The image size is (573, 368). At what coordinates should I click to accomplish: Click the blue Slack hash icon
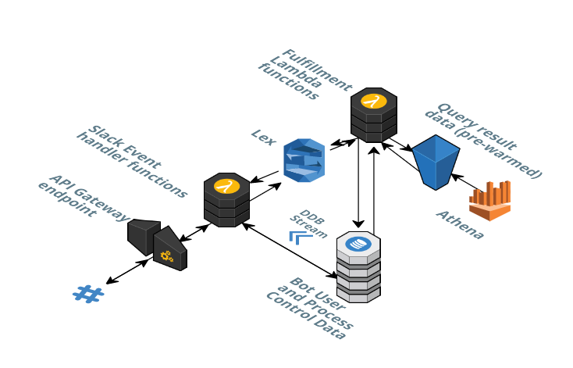click(87, 294)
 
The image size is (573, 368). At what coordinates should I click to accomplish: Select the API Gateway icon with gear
click(158, 245)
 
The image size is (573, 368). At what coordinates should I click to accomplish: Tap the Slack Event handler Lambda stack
click(226, 200)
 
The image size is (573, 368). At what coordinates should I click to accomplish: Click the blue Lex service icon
click(304, 160)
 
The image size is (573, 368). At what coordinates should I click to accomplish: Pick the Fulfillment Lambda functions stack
click(374, 115)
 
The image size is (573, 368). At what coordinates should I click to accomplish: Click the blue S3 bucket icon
click(435, 162)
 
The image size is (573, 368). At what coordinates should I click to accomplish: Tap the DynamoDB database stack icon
click(358, 266)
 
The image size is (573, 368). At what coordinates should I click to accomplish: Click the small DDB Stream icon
click(301, 236)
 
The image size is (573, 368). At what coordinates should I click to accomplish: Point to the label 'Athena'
click(460, 224)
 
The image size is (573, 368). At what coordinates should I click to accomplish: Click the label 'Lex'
click(263, 137)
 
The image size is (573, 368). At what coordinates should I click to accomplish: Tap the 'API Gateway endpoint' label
click(83, 195)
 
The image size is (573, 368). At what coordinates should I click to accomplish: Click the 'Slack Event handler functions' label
click(131, 159)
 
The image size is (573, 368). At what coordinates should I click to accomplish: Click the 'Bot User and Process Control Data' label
click(310, 308)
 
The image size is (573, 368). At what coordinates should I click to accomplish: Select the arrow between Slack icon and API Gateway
click(127, 271)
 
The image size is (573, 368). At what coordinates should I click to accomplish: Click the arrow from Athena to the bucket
click(467, 182)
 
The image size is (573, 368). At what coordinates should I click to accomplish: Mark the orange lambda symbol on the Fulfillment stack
click(374, 101)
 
